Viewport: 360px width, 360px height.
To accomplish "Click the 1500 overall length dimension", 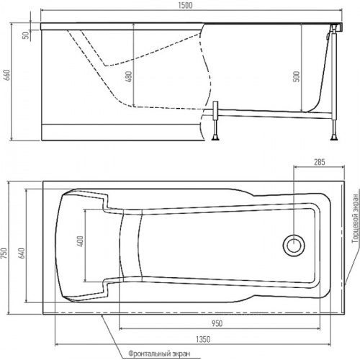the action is [186, 6].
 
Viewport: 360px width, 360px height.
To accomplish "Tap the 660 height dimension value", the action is [7, 75].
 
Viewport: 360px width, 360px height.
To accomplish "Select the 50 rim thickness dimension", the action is [26, 35].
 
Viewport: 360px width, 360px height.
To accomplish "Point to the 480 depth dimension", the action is [128, 76].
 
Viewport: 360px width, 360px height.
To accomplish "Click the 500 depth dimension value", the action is [297, 76].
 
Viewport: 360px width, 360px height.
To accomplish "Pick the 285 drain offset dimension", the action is [320, 162].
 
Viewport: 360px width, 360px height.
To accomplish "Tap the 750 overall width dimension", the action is [4, 253].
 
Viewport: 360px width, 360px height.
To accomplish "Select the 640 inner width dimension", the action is [22, 253].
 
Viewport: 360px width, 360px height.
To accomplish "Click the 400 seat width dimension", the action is [81, 241].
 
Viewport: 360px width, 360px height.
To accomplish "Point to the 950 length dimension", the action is [217, 323].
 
